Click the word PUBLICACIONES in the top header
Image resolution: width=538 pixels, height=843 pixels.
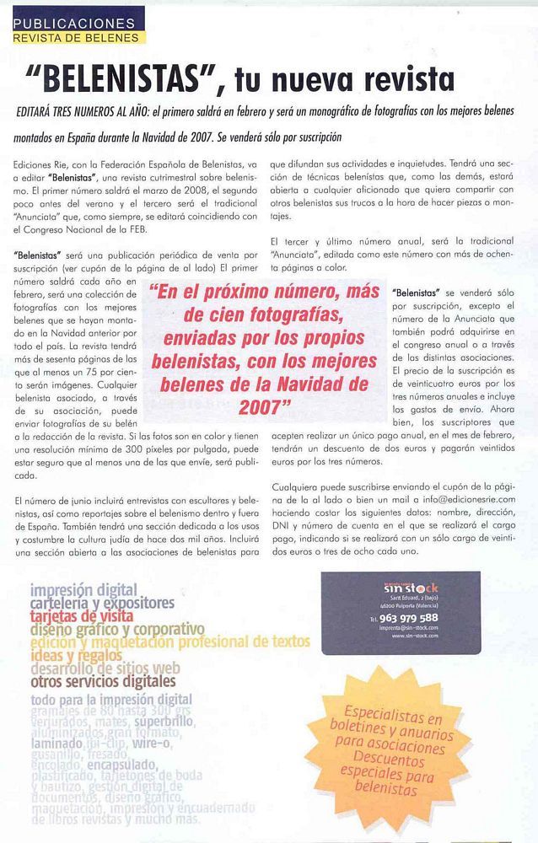73,22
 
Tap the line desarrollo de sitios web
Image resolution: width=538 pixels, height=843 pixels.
105,668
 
